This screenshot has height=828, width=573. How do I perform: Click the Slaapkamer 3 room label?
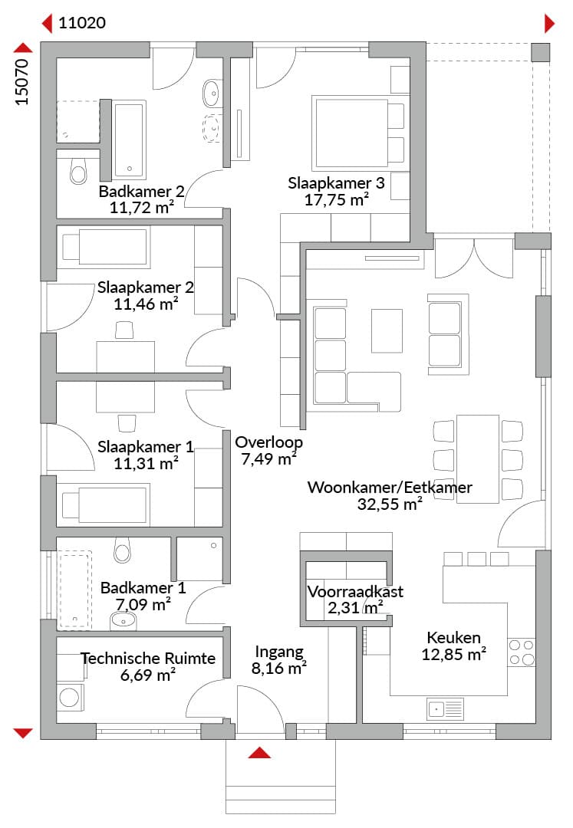pyautogui.click(x=336, y=183)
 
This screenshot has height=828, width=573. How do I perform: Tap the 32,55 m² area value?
pyautogui.click(x=390, y=504)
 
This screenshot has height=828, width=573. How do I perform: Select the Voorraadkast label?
pyautogui.click(x=355, y=592)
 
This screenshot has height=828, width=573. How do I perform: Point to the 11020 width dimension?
pyautogui.click(x=82, y=23)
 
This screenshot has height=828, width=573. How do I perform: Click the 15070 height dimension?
pyautogui.click(x=22, y=82)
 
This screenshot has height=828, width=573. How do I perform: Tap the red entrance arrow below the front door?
pyautogui.click(x=260, y=752)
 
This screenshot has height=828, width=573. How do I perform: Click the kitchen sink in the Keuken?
pyautogui.click(x=445, y=708)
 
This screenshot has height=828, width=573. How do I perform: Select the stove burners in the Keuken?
pyautogui.click(x=522, y=651)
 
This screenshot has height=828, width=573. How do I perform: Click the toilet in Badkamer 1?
pyautogui.click(x=122, y=550)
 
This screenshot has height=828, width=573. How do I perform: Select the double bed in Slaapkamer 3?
pyautogui.click(x=357, y=130)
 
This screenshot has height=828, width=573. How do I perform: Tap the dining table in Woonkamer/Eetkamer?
pyautogui.click(x=478, y=458)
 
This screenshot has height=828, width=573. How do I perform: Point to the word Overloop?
pyautogui.click(x=268, y=442)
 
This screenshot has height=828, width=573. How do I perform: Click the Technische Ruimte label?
pyautogui.click(x=147, y=659)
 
